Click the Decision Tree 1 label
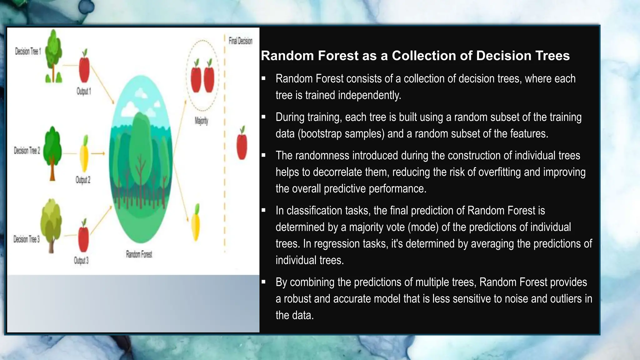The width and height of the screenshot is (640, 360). [28, 51]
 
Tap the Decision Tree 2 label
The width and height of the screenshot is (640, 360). [27, 151]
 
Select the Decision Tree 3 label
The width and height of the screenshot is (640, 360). [27, 239]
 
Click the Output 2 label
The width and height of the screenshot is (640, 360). [83, 180]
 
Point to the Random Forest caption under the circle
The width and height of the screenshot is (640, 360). [139, 254]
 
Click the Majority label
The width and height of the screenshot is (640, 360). [201, 121]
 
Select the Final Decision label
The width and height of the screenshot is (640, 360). [240, 41]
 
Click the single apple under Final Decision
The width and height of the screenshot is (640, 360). [242, 144]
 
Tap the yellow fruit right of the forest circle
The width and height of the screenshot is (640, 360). [196, 222]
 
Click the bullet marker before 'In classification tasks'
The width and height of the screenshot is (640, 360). [263, 211]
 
